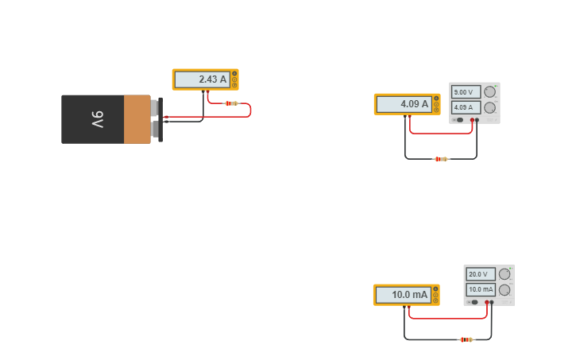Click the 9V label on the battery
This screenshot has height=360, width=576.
click(97, 119)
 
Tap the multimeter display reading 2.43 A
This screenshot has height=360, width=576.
click(202, 79)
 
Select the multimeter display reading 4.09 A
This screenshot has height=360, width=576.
click(404, 104)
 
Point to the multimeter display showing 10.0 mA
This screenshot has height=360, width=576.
click(403, 295)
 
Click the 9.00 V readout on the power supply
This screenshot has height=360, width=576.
click(466, 92)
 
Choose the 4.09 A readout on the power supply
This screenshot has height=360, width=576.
click(466, 107)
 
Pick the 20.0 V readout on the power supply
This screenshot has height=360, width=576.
click(480, 274)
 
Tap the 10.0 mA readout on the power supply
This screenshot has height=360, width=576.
click(480, 290)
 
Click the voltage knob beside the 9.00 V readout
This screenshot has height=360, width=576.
click(489, 91)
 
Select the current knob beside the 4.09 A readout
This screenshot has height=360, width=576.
click(489, 107)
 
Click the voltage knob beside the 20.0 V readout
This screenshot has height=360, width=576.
click(504, 274)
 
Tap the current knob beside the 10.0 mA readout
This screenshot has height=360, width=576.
click(504, 290)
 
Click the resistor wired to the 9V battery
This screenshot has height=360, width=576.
click(231, 103)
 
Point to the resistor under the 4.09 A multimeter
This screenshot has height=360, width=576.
click(441, 159)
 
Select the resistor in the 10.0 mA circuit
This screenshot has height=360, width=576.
click(466, 339)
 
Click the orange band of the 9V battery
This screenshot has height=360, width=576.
click(137, 119)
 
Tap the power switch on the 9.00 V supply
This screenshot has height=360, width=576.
click(458, 120)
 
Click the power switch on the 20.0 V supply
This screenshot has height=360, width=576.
click(473, 302)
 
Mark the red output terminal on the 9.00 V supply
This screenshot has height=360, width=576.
click(472, 120)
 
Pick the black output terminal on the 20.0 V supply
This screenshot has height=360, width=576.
click(492, 302)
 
